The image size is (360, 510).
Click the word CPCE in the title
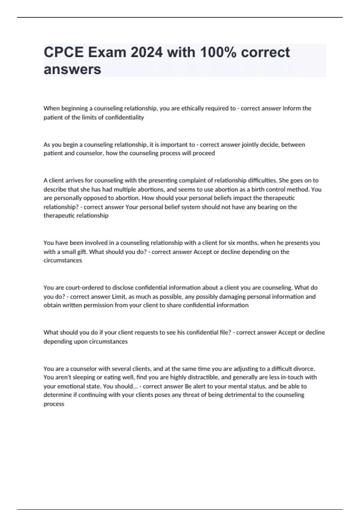[64, 52]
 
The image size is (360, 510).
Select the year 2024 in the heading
[147, 52]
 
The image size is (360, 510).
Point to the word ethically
[193, 108]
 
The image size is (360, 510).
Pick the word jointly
[251, 145]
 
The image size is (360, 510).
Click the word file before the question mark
[224, 332]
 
